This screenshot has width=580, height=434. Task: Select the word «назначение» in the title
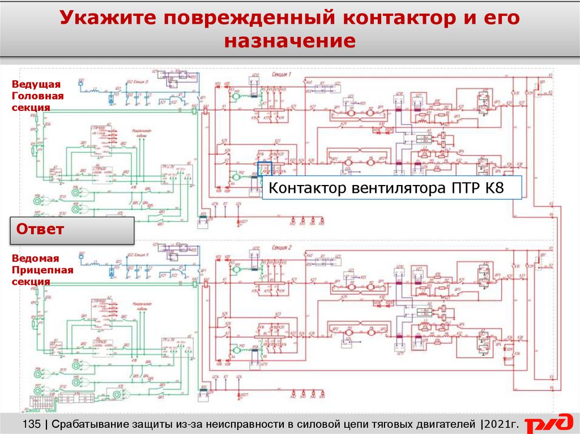(289, 41)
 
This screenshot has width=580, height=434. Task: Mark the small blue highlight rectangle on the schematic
(265, 169)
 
